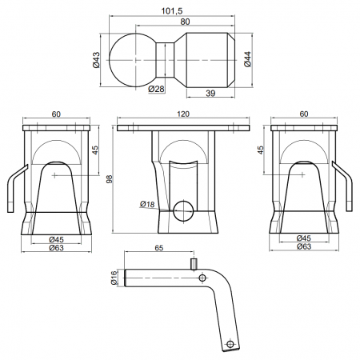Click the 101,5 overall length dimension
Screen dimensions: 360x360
(x=172, y=11)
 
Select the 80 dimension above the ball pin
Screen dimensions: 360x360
(x=185, y=22)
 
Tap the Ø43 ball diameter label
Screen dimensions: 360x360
(x=96, y=60)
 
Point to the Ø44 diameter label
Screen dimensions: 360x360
(x=247, y=59)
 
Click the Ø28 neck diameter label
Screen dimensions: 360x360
(x=156, y=89)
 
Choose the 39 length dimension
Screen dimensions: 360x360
(x=210, y=94)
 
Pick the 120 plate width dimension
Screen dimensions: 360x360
(x=183, y=114)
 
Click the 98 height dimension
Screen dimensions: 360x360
(x=110, y=179)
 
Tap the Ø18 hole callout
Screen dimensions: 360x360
(x=147, y=204)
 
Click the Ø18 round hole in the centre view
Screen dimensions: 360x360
(x=183, y=210)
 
